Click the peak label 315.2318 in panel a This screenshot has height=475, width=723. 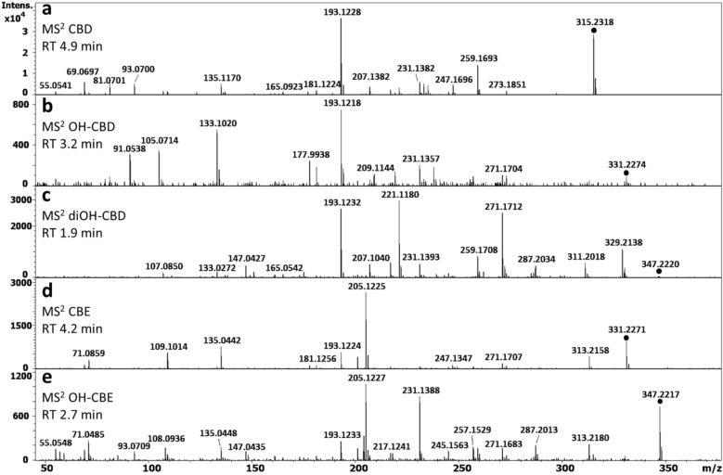point(595,20)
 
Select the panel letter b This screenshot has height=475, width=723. point(44,102)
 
